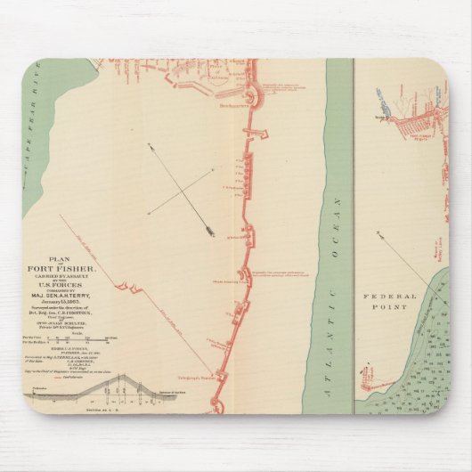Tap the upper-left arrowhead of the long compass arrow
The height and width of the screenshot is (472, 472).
coord(151,147)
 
